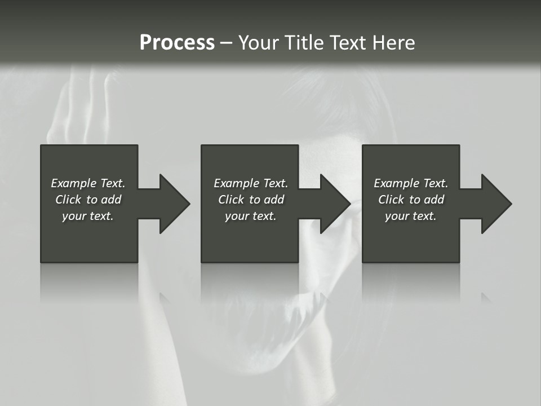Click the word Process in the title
177,43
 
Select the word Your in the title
259,43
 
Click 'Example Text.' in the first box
88,183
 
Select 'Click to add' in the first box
88,200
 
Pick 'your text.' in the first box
88,216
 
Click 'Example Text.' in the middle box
251,183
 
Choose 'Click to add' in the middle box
251,200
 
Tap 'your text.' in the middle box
251,216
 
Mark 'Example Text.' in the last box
411,183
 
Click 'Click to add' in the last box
411,200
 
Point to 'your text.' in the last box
411,216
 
